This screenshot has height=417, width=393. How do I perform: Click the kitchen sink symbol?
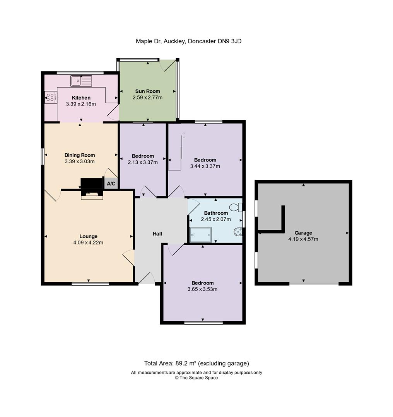[x=81, y=81]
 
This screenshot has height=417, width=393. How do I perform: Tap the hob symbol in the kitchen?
[x=50, y=97]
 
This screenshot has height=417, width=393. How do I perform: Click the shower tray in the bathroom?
[x=200, y=234]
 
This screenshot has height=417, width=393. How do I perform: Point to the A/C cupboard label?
[x=111, y=183]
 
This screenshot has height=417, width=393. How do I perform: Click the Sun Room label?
[x=147, y=92]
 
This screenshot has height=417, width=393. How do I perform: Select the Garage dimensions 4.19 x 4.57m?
[x=303, y=239]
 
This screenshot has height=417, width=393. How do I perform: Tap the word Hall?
[x=157, y=234]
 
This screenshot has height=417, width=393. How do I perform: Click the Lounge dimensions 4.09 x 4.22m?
[x=88, y=242]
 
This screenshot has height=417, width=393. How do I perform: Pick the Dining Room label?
[x=80, y=155]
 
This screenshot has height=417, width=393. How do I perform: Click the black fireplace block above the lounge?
[x=91, y=183]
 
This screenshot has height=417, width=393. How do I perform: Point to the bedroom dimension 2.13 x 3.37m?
[x=143, y=162]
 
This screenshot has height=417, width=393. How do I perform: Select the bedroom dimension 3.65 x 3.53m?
[x=202, y=289]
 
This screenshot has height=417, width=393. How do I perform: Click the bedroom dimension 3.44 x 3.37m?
[x=205, y=166]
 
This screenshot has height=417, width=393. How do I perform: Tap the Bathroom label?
[x=216, y=213]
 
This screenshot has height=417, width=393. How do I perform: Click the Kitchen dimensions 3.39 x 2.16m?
[x=81, y=104]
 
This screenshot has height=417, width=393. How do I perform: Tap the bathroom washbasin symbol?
[x=238, y=231]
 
